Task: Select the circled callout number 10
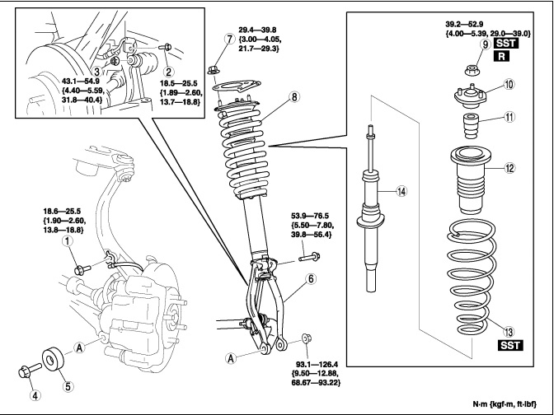pos(509,84)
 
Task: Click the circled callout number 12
pos(509,168)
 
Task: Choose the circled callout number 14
pos(401,193)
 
